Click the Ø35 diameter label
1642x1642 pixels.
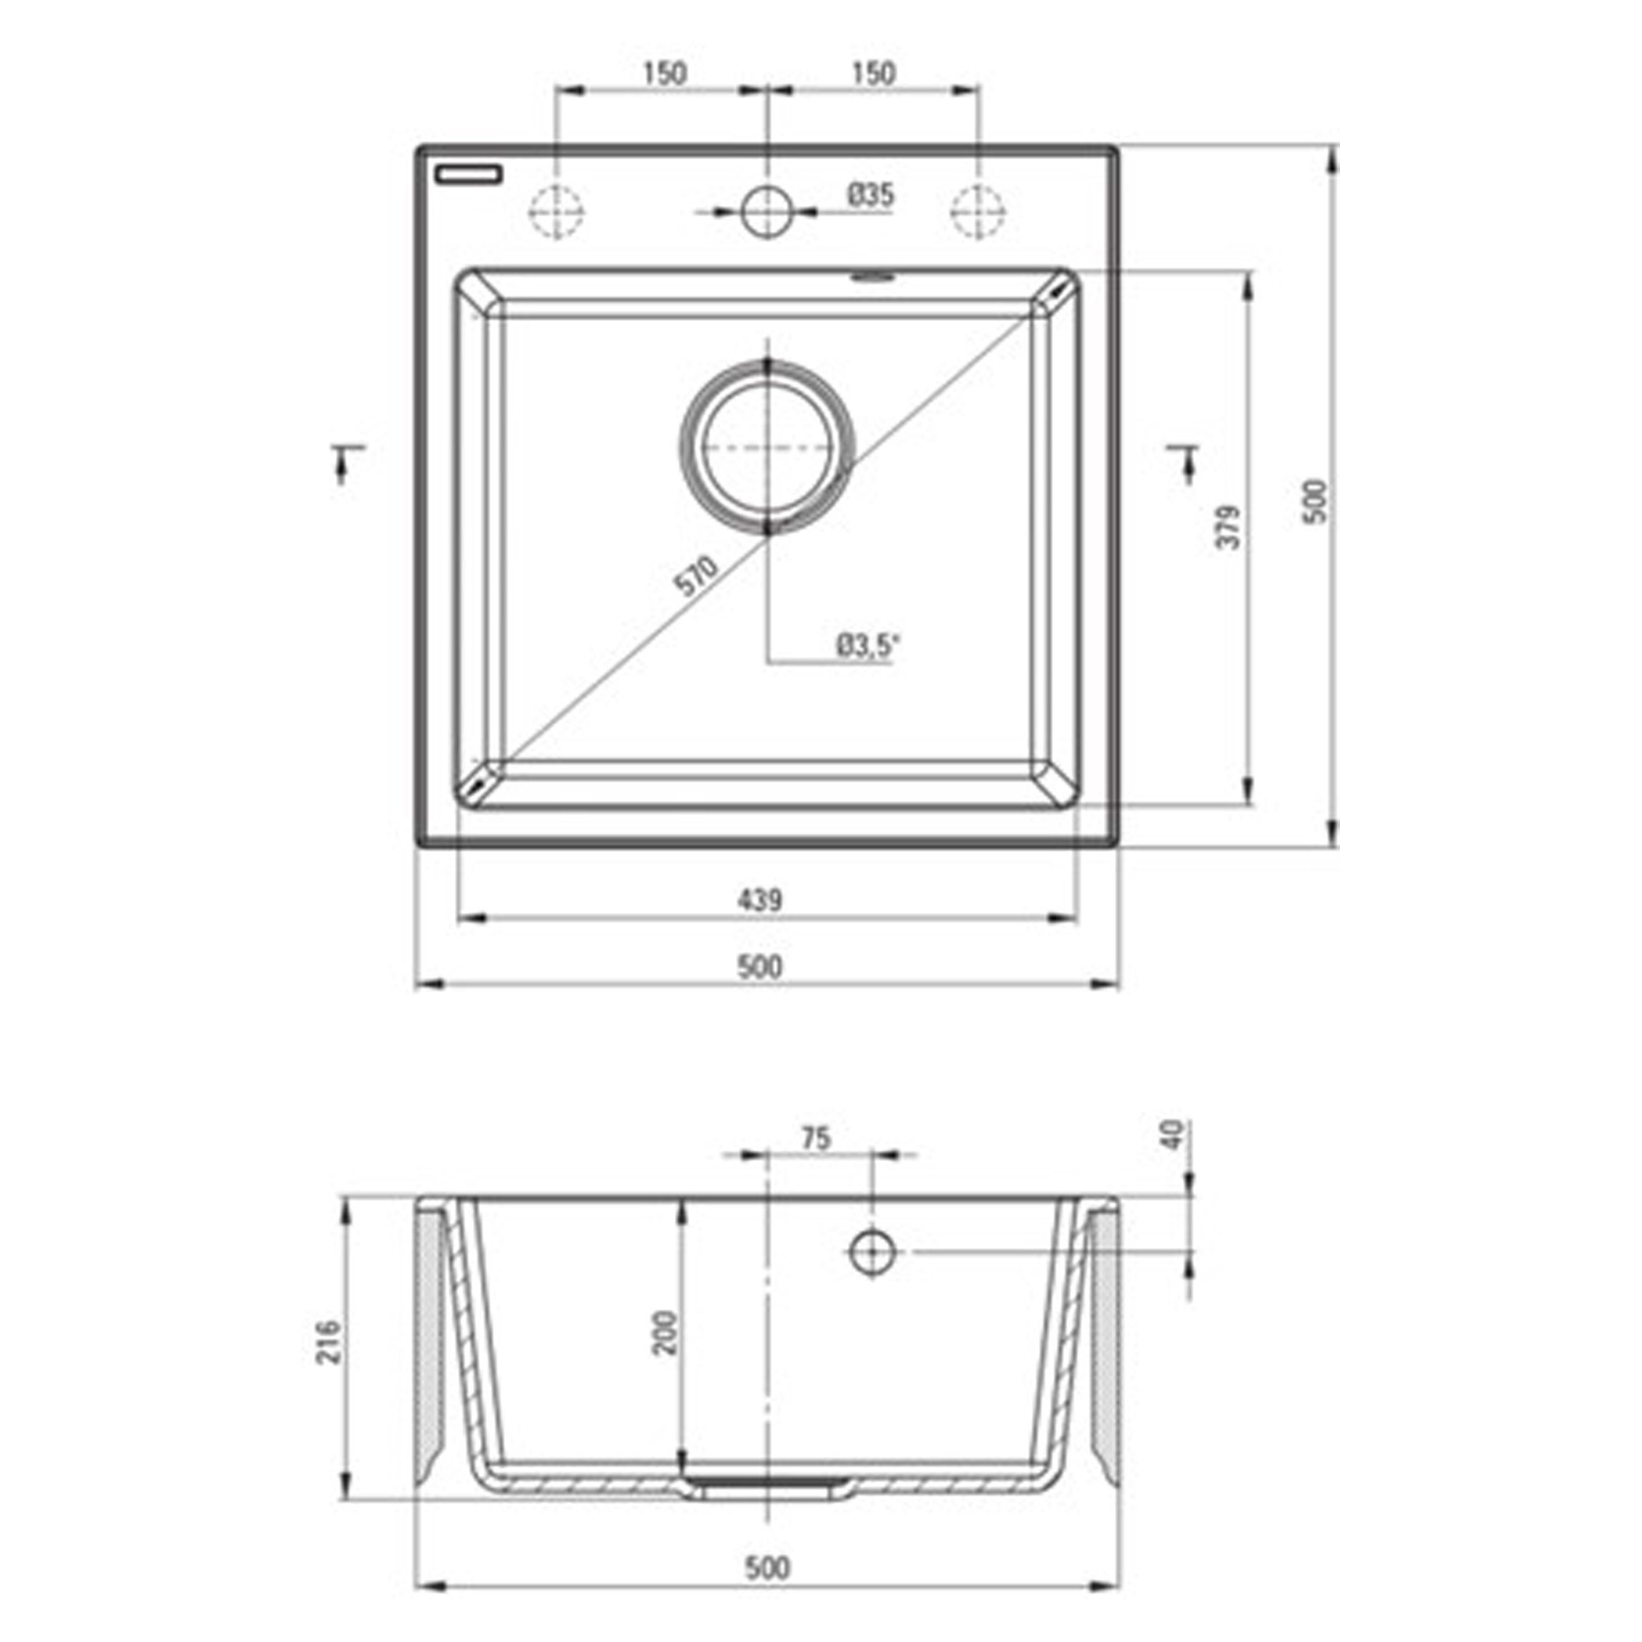pyautogui.click(x=871, y=195)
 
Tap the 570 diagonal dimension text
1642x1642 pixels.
pyautogui.click(x=696, y=576)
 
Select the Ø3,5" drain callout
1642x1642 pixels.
pyautogui.click(x=867, y=646)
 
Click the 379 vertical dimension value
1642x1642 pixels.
pyautogui.click(x=1229, y=527)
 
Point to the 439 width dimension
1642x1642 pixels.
pyautogui.click(x=759, y=899)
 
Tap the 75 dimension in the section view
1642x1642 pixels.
pyautogui.click(x=816, y=1138)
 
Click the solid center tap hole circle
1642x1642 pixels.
pyautogui.click(x=768, y=211)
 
